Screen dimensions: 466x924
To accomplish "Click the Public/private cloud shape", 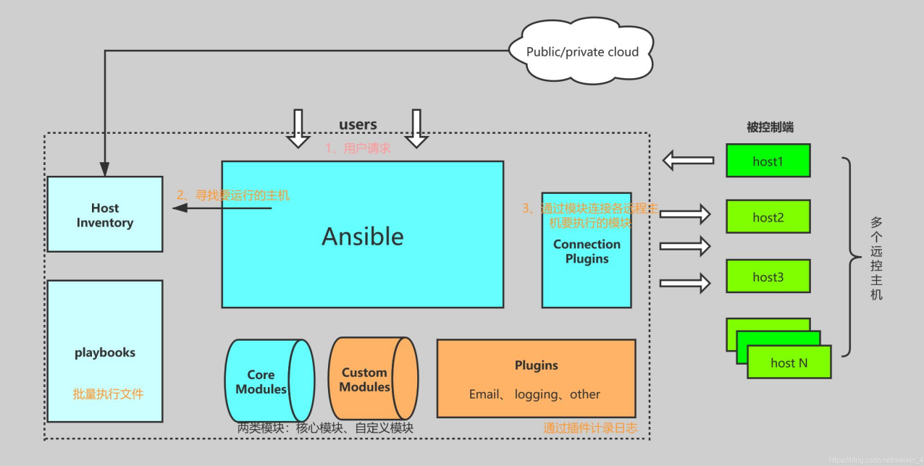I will tap(583, 52).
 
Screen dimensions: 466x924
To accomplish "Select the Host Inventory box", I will tap(105, 214).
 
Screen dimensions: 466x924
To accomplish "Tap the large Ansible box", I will tap(362, 234).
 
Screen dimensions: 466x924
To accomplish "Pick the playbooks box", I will tap(105, 352).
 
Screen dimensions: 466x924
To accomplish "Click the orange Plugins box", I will tap(536, 378).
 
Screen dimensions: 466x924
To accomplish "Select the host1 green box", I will tap(768, 161).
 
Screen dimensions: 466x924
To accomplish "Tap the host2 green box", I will tap(768, 216).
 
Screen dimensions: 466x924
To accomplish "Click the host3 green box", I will tap(768, 276).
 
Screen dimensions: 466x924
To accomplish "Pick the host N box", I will tap(789, 363).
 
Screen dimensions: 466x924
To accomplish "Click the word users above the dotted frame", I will tap(358, 124).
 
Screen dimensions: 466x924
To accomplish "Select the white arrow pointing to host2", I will tap(685, 213).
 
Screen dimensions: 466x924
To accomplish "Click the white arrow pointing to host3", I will tap(685, 283).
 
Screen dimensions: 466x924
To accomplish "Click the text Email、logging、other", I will tap(534, 394).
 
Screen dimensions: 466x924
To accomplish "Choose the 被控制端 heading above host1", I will tap(770, 127).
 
